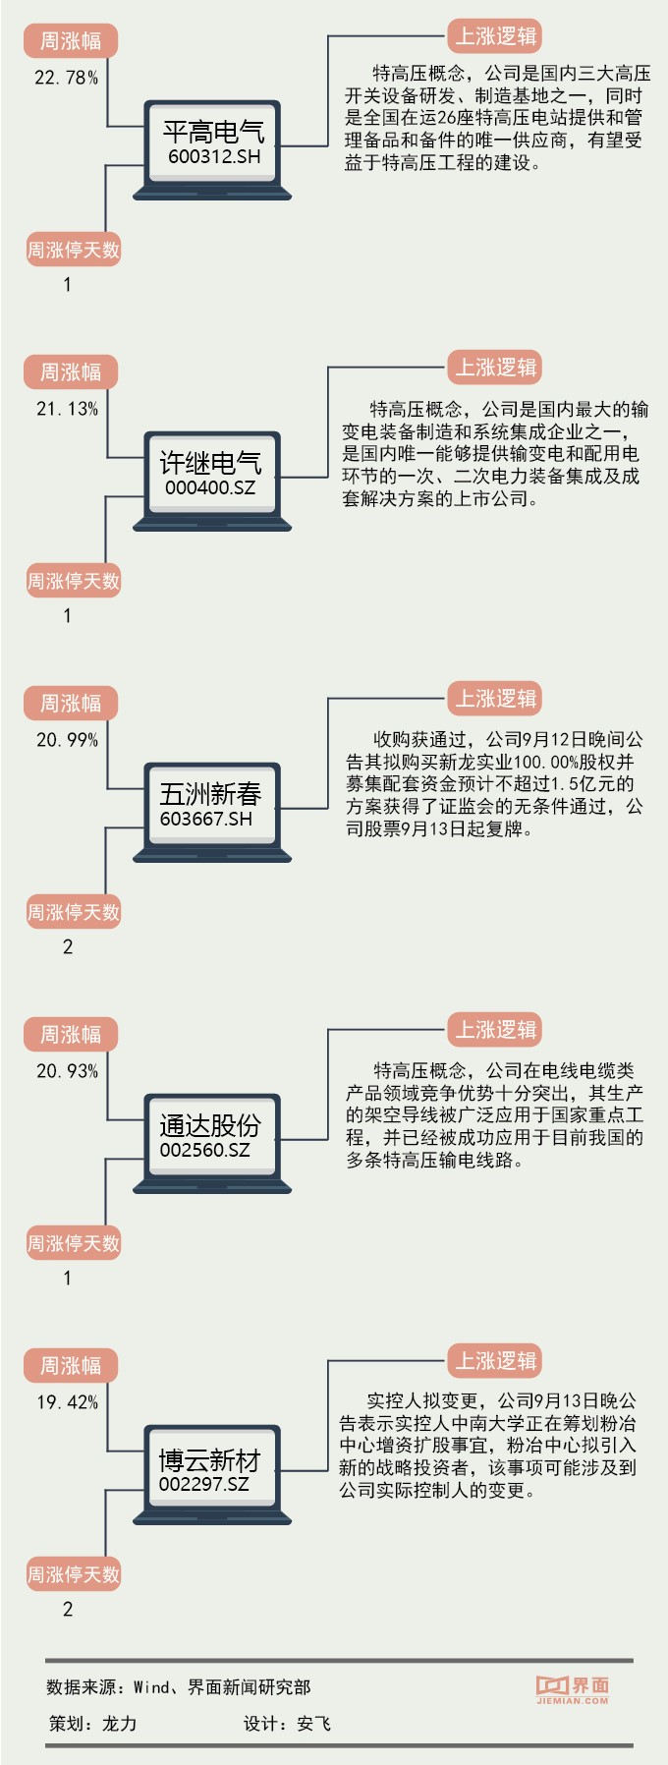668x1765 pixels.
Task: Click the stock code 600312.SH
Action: (214, 156)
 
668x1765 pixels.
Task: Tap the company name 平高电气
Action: (214, 132)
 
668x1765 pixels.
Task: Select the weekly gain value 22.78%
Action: (66, 78)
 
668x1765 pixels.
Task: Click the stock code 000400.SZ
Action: (210, 487)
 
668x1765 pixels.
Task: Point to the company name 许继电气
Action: (211, 463)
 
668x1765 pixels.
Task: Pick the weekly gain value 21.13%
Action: (67, 409)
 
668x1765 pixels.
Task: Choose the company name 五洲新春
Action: (211, 794)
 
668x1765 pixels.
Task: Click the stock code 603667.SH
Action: (206, 819)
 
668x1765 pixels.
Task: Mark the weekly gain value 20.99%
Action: (67, 740)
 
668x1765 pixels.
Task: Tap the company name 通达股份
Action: (211, 1125)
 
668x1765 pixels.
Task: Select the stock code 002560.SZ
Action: (205, 1150)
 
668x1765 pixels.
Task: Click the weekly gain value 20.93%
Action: (67, 1071)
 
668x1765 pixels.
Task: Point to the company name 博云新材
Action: (210, 1459)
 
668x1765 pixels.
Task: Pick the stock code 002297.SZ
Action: (204, 1484)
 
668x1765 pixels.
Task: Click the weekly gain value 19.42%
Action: (67, 1402)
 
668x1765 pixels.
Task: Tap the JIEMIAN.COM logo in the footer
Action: (573, 1689)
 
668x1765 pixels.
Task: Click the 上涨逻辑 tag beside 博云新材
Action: (495, 1361)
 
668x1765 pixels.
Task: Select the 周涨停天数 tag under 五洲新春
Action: (73, 913)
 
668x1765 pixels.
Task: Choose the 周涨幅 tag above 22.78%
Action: (70, 41)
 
